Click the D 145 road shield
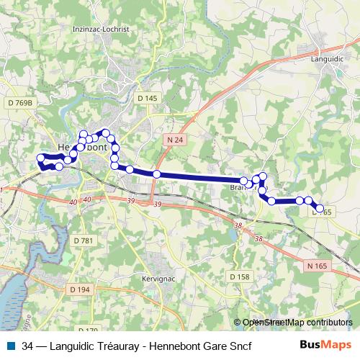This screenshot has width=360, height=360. (146, 98)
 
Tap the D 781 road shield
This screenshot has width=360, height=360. (84, 240)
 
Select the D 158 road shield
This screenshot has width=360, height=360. (239, 276)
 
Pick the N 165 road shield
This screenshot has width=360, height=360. (316, 266)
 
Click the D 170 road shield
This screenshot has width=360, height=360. (86, 330)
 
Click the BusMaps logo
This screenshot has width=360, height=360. (325, 345)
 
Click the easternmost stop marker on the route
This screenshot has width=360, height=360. (320, 208)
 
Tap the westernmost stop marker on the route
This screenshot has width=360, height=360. (40, 158)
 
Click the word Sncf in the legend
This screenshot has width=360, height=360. (231, 346)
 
